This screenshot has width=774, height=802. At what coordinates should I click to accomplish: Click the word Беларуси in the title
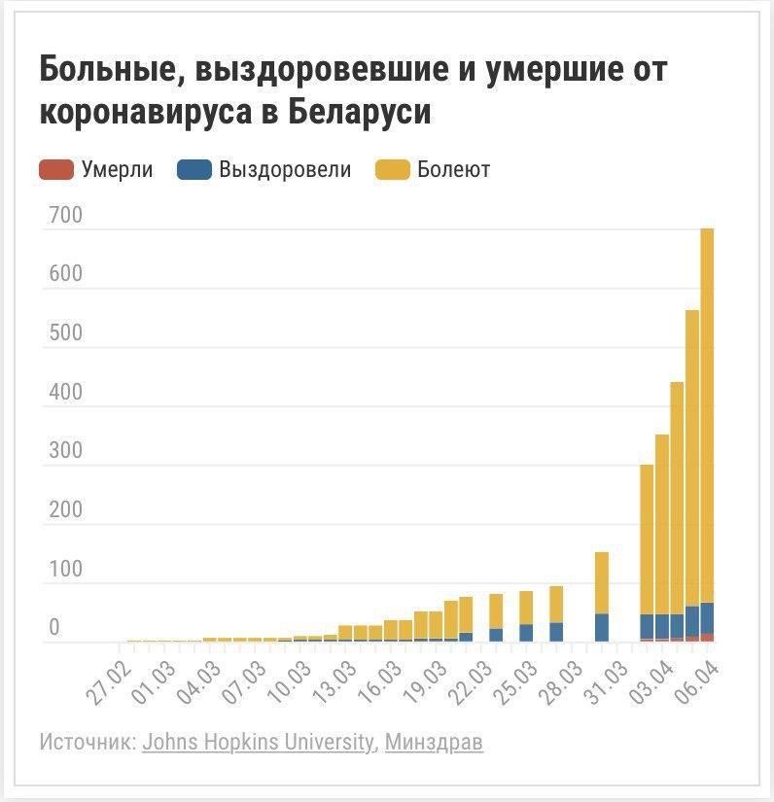(359, 111)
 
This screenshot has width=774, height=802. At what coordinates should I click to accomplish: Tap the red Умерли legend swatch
(56, 170)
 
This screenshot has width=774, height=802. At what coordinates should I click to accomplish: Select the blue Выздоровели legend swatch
(194, 170)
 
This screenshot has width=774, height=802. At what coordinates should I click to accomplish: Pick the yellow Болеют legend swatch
(393, 170)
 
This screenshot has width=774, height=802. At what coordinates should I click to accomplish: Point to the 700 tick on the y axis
(65, 215)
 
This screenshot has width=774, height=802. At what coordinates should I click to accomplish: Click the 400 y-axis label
(65, 392)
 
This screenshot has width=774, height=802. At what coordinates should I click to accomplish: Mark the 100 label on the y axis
(65, 569)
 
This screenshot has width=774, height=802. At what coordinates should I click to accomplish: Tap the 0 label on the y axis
(54, 627)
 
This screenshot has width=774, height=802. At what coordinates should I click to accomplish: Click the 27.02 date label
(109, 683)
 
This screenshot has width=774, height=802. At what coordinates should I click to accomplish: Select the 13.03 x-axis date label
(334, 683)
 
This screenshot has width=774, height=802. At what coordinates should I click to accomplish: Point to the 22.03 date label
(470, 683)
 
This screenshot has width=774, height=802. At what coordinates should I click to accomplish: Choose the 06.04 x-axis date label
(696, 683)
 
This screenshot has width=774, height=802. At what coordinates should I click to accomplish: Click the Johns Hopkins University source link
(258, 742)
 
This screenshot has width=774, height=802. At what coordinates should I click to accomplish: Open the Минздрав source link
(434, 742)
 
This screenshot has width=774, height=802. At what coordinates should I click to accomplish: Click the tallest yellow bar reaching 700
(707, 415)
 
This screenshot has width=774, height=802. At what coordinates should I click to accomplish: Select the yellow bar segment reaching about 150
(602, 583)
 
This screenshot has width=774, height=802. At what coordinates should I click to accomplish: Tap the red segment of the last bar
(707, 638)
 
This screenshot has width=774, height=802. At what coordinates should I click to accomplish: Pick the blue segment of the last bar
(707, 618)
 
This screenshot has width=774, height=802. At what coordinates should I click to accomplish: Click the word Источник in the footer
(88, 742)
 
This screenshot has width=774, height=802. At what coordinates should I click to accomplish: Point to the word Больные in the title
(113, 69)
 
